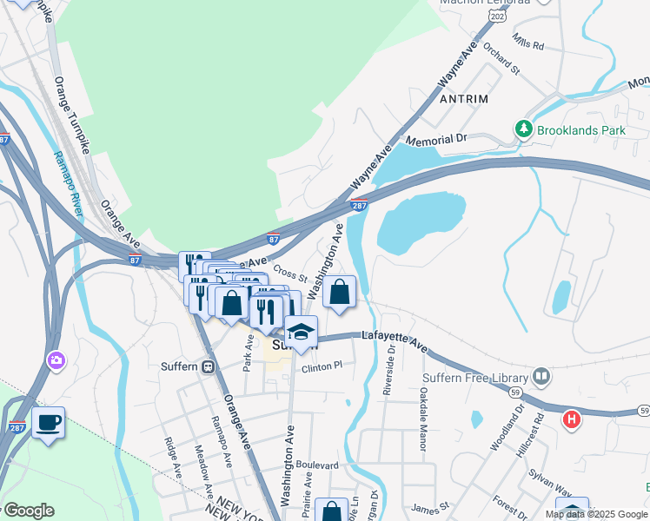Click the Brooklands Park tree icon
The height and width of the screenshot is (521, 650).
[x=523, y=129]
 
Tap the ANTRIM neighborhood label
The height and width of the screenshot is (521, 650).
[x=464, y=99]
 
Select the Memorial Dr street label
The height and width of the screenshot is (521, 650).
[x=436, y=140]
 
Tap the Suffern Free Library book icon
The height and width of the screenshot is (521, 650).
[x=542, y=377]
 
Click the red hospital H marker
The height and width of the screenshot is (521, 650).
[x=571, y=420]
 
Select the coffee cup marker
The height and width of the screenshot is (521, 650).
[x=48, y=423]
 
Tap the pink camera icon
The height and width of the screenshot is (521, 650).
[x=56, y=359]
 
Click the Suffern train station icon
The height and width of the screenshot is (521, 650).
[x=209, y=366]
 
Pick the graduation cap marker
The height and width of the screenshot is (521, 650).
[x=301, y=333]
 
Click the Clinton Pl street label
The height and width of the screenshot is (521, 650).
[x=322, y=368]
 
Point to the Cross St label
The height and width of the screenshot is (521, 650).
[x=290, y=273]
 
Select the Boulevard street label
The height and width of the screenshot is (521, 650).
[x=316, y=465]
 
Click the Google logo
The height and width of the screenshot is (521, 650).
[x=29, y=511]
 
